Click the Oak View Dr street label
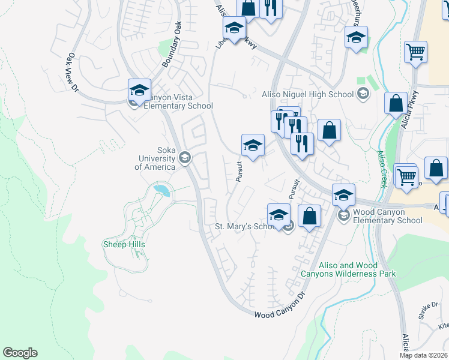[73, 72]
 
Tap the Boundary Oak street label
[171, 44]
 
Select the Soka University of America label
[155, 158]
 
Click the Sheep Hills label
[124, 244]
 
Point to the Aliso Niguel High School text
[308, 94]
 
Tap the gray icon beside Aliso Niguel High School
[363, 94]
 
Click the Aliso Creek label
[381, 169]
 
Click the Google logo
[20, 353]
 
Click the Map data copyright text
[424, 355]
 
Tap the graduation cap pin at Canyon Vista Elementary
[139, 90]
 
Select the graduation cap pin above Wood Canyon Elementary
[343, 194]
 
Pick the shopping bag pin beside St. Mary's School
[309, 216]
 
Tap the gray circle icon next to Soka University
[184, 158]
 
